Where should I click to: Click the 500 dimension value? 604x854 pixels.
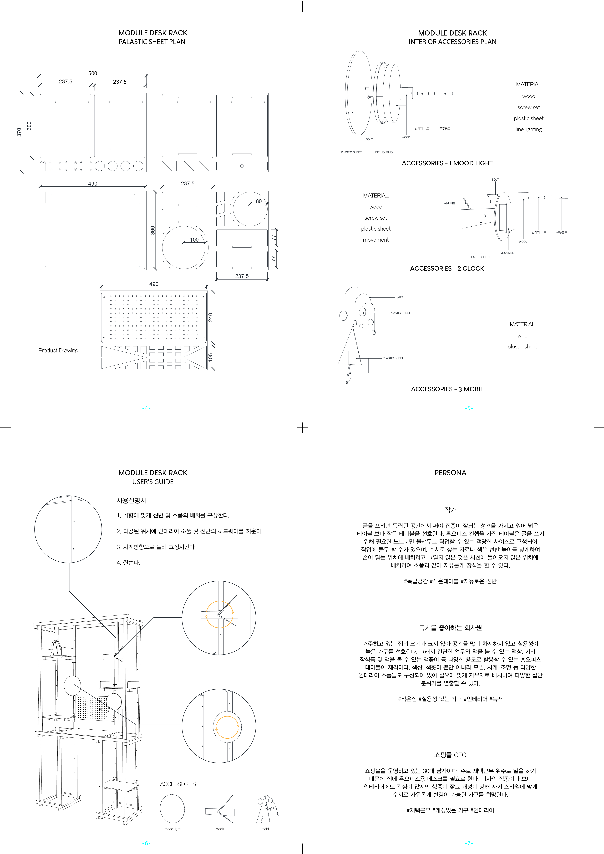point(93,73)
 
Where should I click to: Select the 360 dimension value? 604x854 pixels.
point(152,230)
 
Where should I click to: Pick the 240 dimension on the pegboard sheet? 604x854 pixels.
point(211,317)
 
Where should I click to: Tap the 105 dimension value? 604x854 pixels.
point(211,357)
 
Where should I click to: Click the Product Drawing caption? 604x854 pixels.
point(58,350)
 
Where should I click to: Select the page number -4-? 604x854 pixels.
point(146,408)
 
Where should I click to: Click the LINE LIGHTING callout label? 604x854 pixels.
point(383,152)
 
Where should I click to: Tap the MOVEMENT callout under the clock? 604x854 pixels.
point(508,253)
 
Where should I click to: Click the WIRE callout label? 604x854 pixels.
point(400,297)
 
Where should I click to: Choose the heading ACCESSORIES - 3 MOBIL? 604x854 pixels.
point(447,389)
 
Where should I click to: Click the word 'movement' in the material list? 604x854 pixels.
point(376,240)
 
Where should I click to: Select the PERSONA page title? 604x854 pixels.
point(450,473)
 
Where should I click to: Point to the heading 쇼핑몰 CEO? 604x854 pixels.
point(450,755)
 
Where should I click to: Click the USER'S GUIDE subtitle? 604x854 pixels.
point(153,482)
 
